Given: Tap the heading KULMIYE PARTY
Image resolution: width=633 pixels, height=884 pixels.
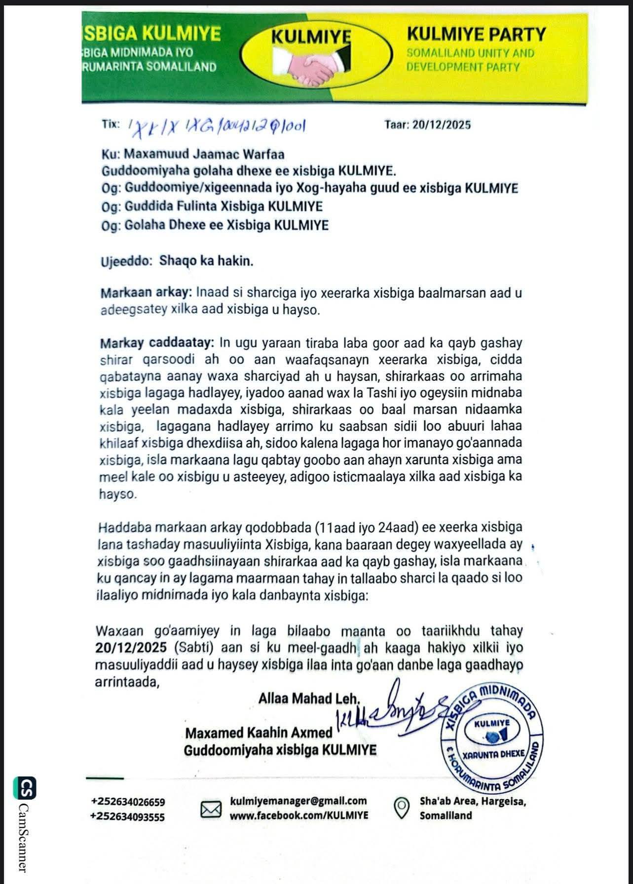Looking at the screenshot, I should pyautogui.click(x=476, y=35).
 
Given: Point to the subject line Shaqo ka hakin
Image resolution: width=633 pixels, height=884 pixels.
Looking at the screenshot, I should pyautogui.click(x=206, y=261).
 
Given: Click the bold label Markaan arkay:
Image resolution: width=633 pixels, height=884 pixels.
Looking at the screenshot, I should pyautogui.click(x=147, y=293).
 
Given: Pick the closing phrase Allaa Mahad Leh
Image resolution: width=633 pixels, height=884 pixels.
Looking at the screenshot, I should pyautogui.click(x=310, y=699).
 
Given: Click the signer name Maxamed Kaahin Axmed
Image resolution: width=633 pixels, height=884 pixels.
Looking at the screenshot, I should pyautogui.click(x=259, y=733).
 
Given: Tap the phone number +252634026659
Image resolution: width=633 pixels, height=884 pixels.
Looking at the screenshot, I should pyautogui.click(x=128, y=802).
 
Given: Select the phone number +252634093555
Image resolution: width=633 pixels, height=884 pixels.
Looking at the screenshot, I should pyautogui.click(x=128, y=817).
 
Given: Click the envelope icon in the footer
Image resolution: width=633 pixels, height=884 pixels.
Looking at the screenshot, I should pyautogui.click(x=211, y=810).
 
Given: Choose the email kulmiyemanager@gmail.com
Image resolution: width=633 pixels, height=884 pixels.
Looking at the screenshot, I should pyautogui.click(x=298, y=801).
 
